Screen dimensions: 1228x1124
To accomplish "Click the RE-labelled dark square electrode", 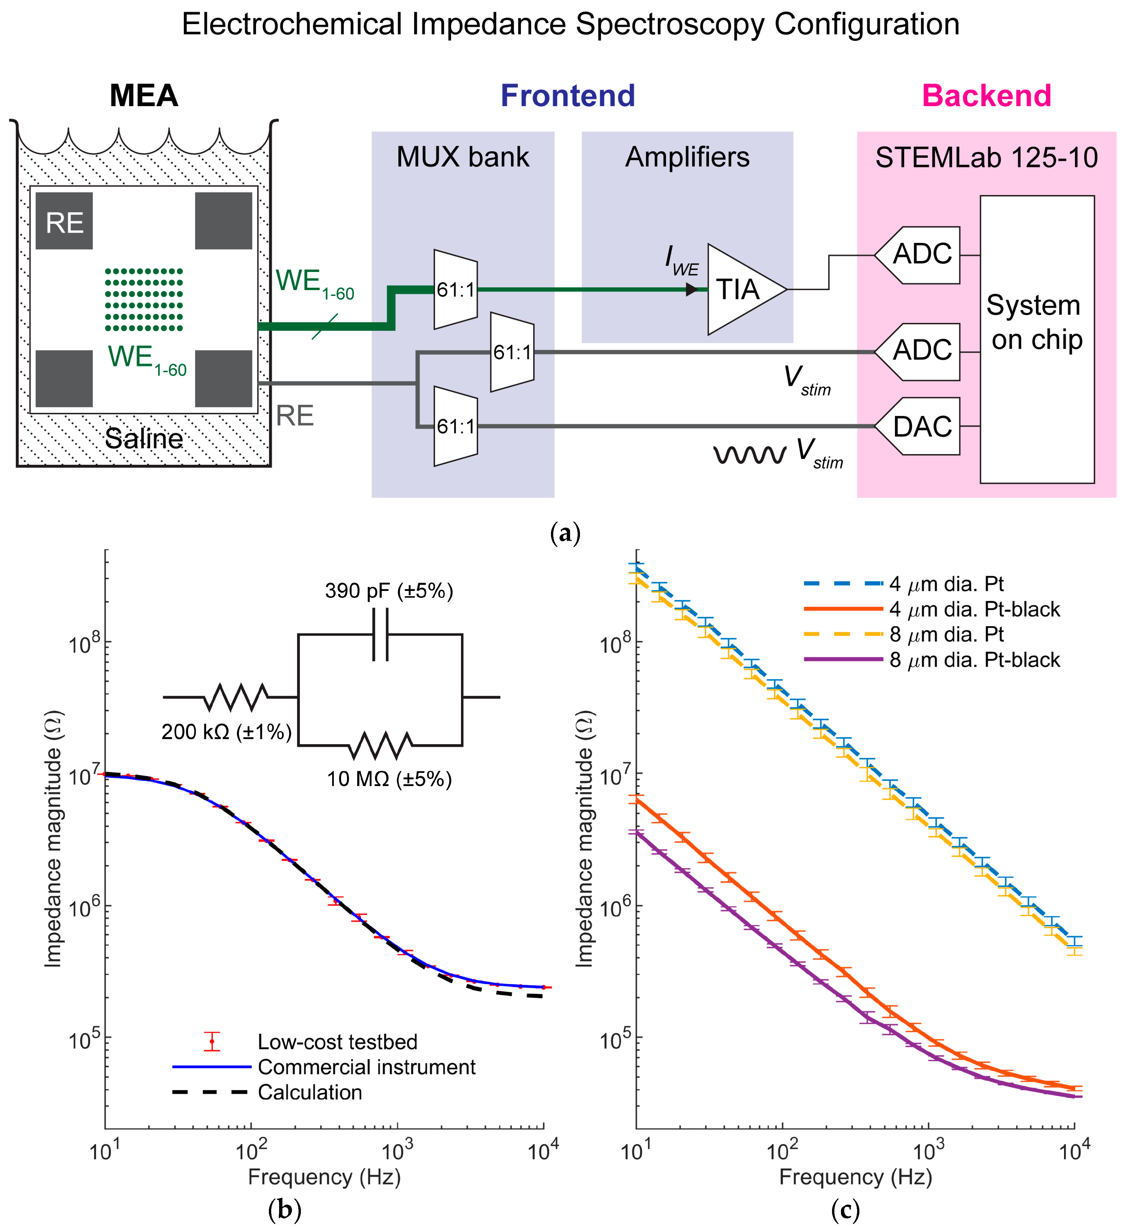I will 64,221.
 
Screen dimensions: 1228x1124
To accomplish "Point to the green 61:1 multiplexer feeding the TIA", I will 455,289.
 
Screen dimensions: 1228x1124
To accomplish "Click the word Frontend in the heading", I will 567,96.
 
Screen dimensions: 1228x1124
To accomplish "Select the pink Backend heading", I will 986,96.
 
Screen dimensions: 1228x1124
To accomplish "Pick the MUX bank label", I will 463,157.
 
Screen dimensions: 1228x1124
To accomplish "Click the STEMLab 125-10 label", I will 986,158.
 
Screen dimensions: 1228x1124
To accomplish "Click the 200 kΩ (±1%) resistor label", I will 226,732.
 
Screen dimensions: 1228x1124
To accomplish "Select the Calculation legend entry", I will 310,1092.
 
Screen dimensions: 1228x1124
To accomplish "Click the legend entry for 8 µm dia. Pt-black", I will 974,660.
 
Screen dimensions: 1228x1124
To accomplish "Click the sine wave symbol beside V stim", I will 750,454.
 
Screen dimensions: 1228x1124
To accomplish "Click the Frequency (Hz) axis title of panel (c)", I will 855,1177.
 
